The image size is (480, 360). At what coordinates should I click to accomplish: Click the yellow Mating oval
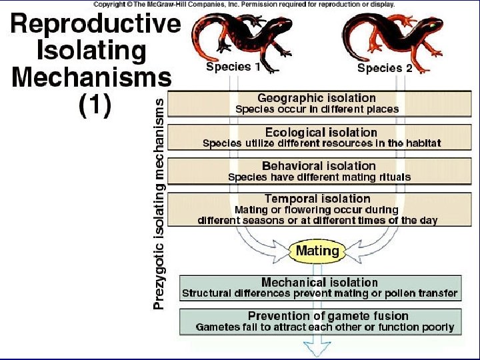click(x=317, y=251)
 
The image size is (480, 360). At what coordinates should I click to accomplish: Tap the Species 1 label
click(x=229, y=67)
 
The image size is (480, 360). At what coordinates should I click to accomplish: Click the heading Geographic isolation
click(x=317, y=98)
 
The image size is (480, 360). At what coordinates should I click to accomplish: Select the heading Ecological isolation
click(x=321, y=132)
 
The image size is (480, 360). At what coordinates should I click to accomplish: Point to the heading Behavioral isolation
click(x=319, y=165)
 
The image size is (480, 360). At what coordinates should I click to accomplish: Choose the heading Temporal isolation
click(x=317, y=199)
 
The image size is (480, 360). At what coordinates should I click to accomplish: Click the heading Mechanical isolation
click(x=319, y=283)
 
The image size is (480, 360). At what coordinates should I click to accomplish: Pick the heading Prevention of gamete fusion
click(x=328, y=316)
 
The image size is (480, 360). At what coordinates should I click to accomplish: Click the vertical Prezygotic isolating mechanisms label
click(x=159, y=204)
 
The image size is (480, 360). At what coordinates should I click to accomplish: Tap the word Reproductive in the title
click(x=96, y=25)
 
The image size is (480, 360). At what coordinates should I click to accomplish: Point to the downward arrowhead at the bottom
click(x=319, y=347)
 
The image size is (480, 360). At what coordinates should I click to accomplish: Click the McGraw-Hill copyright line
click(x=244, y=4)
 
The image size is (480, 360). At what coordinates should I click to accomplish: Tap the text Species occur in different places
click(x=317, y=109)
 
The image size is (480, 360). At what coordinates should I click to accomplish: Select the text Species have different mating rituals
click(x=319, y=177)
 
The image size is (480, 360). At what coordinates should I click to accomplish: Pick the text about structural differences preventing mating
click(x=319, y=293)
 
